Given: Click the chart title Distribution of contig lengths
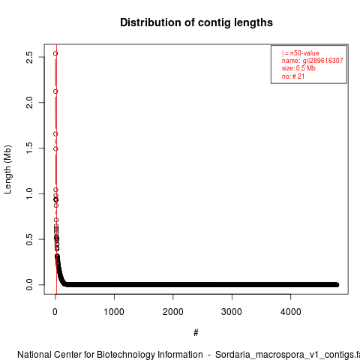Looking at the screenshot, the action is click(196, 22).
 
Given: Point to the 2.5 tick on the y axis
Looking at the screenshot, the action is click(29, 57).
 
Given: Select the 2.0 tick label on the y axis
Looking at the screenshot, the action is click(29, 103).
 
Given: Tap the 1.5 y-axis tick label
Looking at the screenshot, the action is click(29, 148).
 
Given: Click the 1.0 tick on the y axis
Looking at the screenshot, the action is click(29, 193).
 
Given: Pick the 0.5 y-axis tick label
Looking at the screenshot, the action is click(29, 239).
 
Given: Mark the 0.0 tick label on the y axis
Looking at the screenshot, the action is click(29, 285).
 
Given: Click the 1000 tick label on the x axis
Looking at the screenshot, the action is click(114, 312).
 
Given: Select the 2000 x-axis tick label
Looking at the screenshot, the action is click(173, 312).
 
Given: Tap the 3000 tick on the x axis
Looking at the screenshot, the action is click(232, 312).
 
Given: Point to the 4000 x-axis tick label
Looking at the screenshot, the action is click(291, 312).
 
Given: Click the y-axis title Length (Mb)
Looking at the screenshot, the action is click(7, 169).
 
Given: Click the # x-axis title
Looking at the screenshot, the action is click(196, 333).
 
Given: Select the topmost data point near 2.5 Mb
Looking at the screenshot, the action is click(55, 53).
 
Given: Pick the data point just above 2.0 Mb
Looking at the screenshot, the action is click(55, 91).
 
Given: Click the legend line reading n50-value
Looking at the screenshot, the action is click(301, 53).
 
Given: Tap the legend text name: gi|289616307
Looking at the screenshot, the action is click(313, 61).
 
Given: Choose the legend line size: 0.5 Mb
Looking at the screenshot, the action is click(298, 68).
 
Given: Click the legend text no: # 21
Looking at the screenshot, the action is click(293, 76).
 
